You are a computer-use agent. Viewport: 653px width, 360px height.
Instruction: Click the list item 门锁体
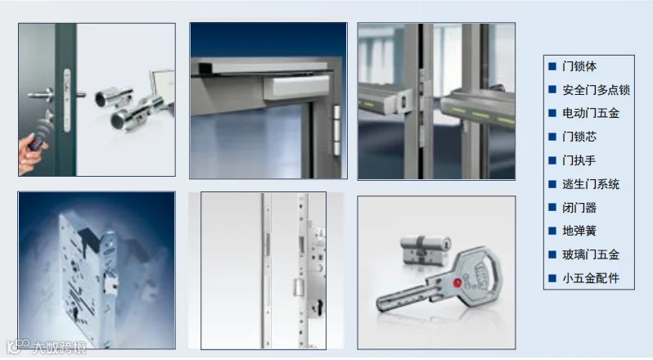pos(579,66)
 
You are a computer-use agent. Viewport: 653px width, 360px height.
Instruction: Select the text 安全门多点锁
pos(596,90)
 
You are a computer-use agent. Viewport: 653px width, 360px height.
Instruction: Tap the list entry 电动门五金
pos(591,113)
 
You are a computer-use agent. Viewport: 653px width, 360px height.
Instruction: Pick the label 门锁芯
pos(579,137)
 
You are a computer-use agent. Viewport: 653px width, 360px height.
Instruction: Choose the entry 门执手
pos(579,160)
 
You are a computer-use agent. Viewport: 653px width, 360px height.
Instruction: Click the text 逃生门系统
pos(591,184)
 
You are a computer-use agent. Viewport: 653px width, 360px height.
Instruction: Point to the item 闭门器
pos(579,207)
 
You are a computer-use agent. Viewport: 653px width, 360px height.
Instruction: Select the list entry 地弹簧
pos(579,231)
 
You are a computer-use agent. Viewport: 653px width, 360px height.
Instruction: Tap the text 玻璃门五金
pos(591,254)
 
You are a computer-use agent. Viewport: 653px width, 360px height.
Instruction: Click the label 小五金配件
pos(591,278)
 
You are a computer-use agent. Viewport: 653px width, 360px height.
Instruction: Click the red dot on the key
pos(457,283)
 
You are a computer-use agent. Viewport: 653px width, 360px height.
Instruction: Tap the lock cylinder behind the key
pos(425,249)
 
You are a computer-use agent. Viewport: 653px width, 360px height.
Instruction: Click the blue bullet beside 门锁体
pos(552,66)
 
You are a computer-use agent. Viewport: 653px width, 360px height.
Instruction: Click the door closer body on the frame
pos(296,88)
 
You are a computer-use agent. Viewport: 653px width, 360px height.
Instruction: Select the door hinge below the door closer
pos(336,130)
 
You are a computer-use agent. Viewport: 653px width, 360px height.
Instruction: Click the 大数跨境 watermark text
pos(59,347)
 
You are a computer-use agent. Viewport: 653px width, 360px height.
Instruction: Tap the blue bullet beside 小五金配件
pos(552,278)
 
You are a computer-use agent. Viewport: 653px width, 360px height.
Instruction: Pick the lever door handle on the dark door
pos(41,95)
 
